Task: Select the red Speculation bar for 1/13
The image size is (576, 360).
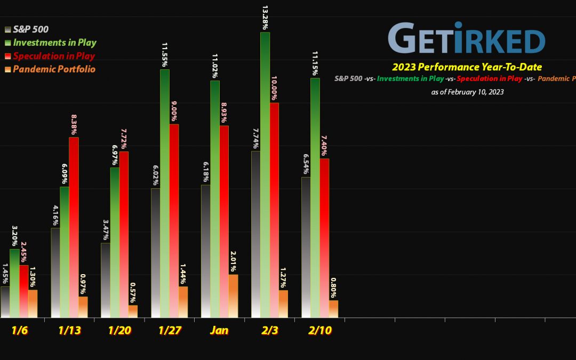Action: click(x=74, y=227)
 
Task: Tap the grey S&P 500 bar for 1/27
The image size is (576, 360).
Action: click(x=155, y=253)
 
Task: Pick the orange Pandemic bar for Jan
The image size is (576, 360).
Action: click(x=234, y=296)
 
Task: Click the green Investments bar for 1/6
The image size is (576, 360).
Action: click(x=14, y=283)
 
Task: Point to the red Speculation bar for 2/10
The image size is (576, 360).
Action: click(x=324, y=238)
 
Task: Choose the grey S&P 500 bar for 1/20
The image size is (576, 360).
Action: click(x=106, y=280)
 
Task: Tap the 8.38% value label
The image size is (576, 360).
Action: click(x=74, y=122)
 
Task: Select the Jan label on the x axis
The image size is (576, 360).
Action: click(x=219, y=330)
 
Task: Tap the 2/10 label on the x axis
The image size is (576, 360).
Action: click(x=319, y=330)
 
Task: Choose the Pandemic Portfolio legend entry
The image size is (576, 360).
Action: click(x=53, y=69)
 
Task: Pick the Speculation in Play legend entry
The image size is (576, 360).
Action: click(x=54, y=55)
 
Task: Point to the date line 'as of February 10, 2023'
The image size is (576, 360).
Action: click(x=467, y=92)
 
